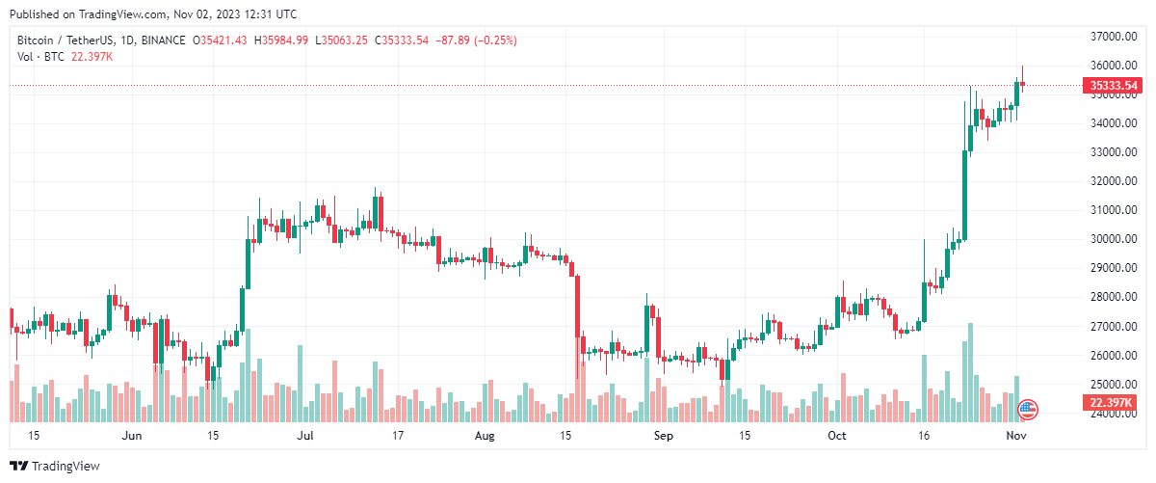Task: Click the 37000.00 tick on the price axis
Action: [x=1114, y=37]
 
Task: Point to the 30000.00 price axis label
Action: [x=1114, y=239]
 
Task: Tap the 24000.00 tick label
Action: [x=1114, y=414]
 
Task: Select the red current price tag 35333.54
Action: [x=1114, y=86]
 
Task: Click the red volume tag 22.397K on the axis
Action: [x=1114, y=402]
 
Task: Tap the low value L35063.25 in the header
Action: [x=342, y=40]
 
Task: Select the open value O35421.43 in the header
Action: [x=220, y=40]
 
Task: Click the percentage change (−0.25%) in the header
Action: [x=491, y=40]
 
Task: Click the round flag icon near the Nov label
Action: [x=1028, y=410]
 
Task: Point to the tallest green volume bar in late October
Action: [x=970, y=372]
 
